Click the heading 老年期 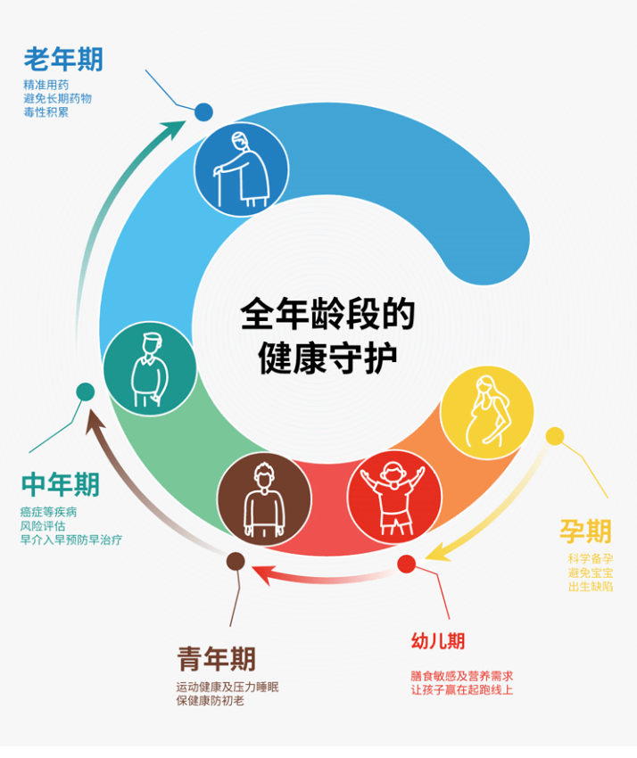(63, 60)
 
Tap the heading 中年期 (61, 484)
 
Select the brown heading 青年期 (216, 658)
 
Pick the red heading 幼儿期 (438, 641)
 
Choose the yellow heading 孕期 (586, 531)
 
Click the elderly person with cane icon (242, 169)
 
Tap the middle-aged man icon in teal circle (150, 368)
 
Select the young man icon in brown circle (263, 500)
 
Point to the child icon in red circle (394, 498)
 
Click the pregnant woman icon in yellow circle (487, 412)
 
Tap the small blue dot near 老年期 (203, 112)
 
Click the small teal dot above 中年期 (85, 391)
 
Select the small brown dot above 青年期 (236, 561)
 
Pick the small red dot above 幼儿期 (406, 564)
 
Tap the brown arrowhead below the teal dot (95, 422)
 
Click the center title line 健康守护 (327, 358)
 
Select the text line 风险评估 (43, 526)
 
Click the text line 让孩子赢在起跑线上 (462, 690)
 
